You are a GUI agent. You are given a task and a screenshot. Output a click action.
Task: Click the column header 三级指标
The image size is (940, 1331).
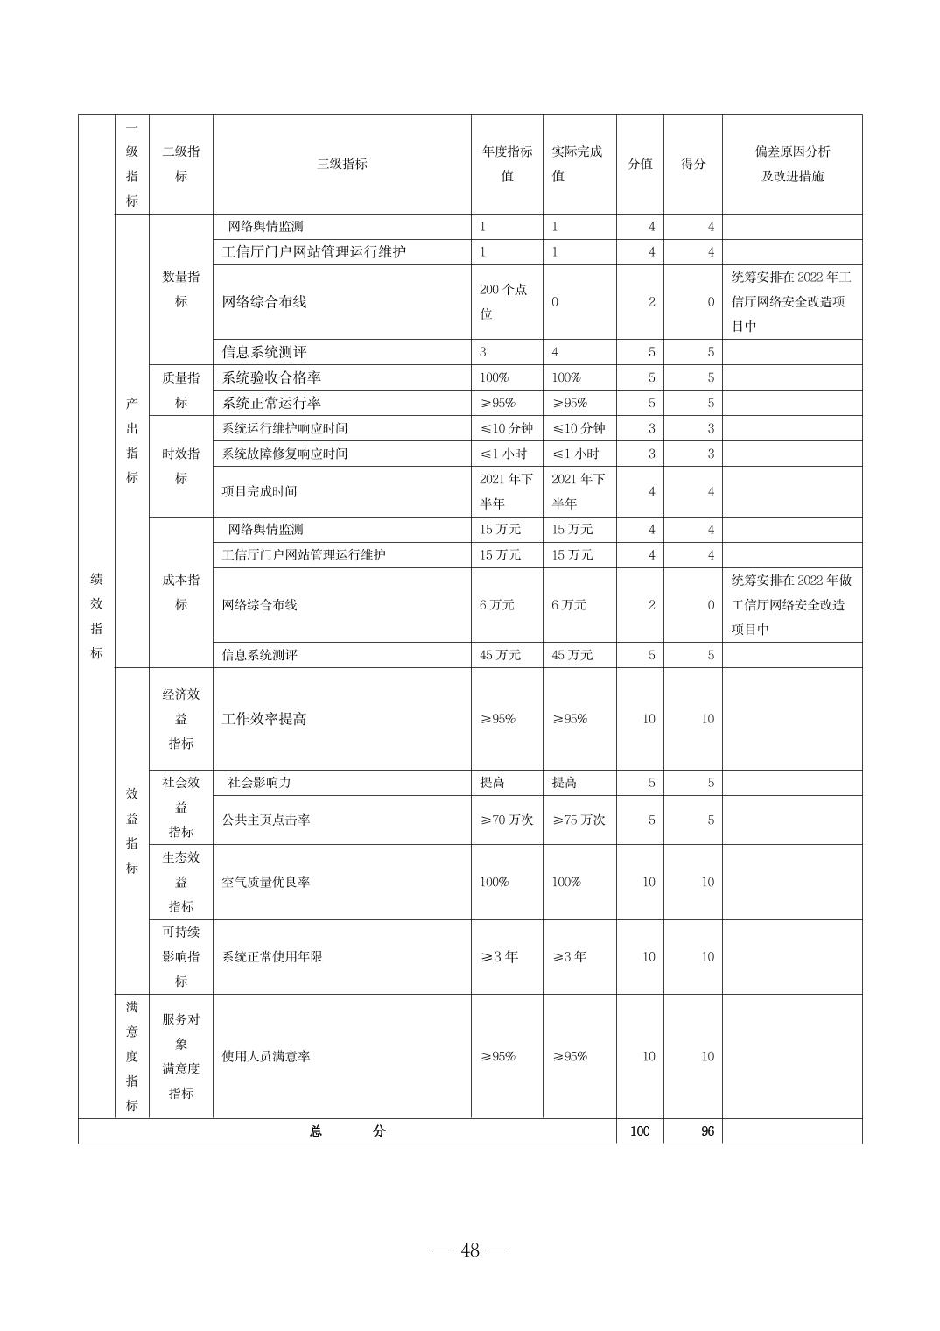pyautogui.click(x=341, y=164)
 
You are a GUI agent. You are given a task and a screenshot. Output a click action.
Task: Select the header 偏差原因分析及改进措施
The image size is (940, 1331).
pyautogui.click(x=792, y=164)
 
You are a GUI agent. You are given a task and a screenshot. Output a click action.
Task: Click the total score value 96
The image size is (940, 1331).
pyautogui.click(x=707, y=1130)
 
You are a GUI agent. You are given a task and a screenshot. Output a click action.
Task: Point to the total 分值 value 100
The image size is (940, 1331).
pyautogui.click(x=640, y=1130)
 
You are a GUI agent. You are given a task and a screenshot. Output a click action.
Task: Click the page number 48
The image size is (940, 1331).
pyautogui.click(x=470, y=1250)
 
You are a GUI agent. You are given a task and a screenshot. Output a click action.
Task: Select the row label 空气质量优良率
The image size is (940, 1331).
pyautogui.click(x=266, y=882)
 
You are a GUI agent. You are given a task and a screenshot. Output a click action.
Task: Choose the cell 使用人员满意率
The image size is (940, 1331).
pyautogui.click(x=266, y=1056)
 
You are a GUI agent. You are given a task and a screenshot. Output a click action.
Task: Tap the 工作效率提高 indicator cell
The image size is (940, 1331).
pyautogui.click(x=264, y=719)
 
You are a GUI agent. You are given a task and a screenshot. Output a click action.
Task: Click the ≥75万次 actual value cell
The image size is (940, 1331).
pyautogui.click(x=579, y=820)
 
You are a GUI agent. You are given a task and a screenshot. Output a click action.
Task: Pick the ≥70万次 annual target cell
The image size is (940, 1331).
pyautogui.click(x=506, y=820)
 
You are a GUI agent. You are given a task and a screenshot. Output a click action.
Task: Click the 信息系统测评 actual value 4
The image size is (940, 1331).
pyautogui.click(x=555, y=352)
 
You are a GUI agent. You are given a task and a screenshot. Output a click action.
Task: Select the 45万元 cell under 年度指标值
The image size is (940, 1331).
pyautogui.click(x=500, y=655)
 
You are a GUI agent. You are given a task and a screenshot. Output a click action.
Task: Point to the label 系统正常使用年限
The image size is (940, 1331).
pyautogui.click(x=272, y=956)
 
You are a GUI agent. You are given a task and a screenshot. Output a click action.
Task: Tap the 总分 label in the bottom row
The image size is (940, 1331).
pyautogui.click(x=347, y=1130)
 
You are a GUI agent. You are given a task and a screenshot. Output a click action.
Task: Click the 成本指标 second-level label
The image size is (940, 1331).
pyautogui.click(x=180, y=592)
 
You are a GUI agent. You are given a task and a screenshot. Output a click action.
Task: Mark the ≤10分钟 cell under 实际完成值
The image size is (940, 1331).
pyautogui.click(x=579, y=428)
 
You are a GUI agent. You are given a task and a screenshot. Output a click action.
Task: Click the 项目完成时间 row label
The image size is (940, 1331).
pyautogui.click(x=259, y=491)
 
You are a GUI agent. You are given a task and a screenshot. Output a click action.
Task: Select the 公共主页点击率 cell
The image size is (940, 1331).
pyautogui.click(x=266, y=820)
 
